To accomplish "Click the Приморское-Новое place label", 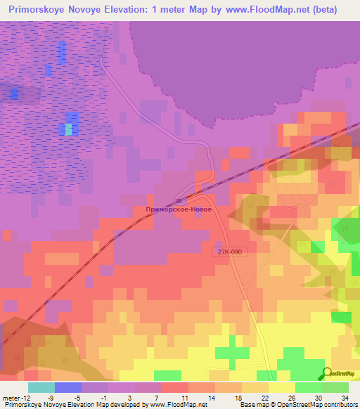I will pos(179,209).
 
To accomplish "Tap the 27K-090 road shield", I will pos(229,251).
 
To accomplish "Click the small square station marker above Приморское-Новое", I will pos(179,201).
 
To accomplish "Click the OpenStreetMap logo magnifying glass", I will pos(328,372).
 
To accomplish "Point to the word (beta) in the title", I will pos(323,10).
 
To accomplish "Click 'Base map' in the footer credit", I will pos(252,405).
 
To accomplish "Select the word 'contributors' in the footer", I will pos(341,405).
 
